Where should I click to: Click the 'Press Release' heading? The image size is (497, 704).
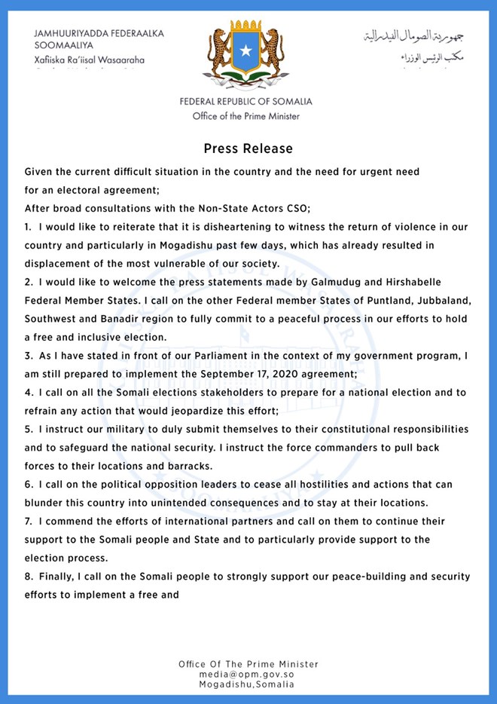(248, 148)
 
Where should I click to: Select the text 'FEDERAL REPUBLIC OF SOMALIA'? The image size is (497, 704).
(245, 102)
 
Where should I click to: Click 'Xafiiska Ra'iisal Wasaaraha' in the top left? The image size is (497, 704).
(90, 60)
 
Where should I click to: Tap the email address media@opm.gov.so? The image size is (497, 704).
(248, 675)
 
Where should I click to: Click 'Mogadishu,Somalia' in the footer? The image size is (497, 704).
(248, 684)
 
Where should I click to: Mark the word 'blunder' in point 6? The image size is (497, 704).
(45, 503)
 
